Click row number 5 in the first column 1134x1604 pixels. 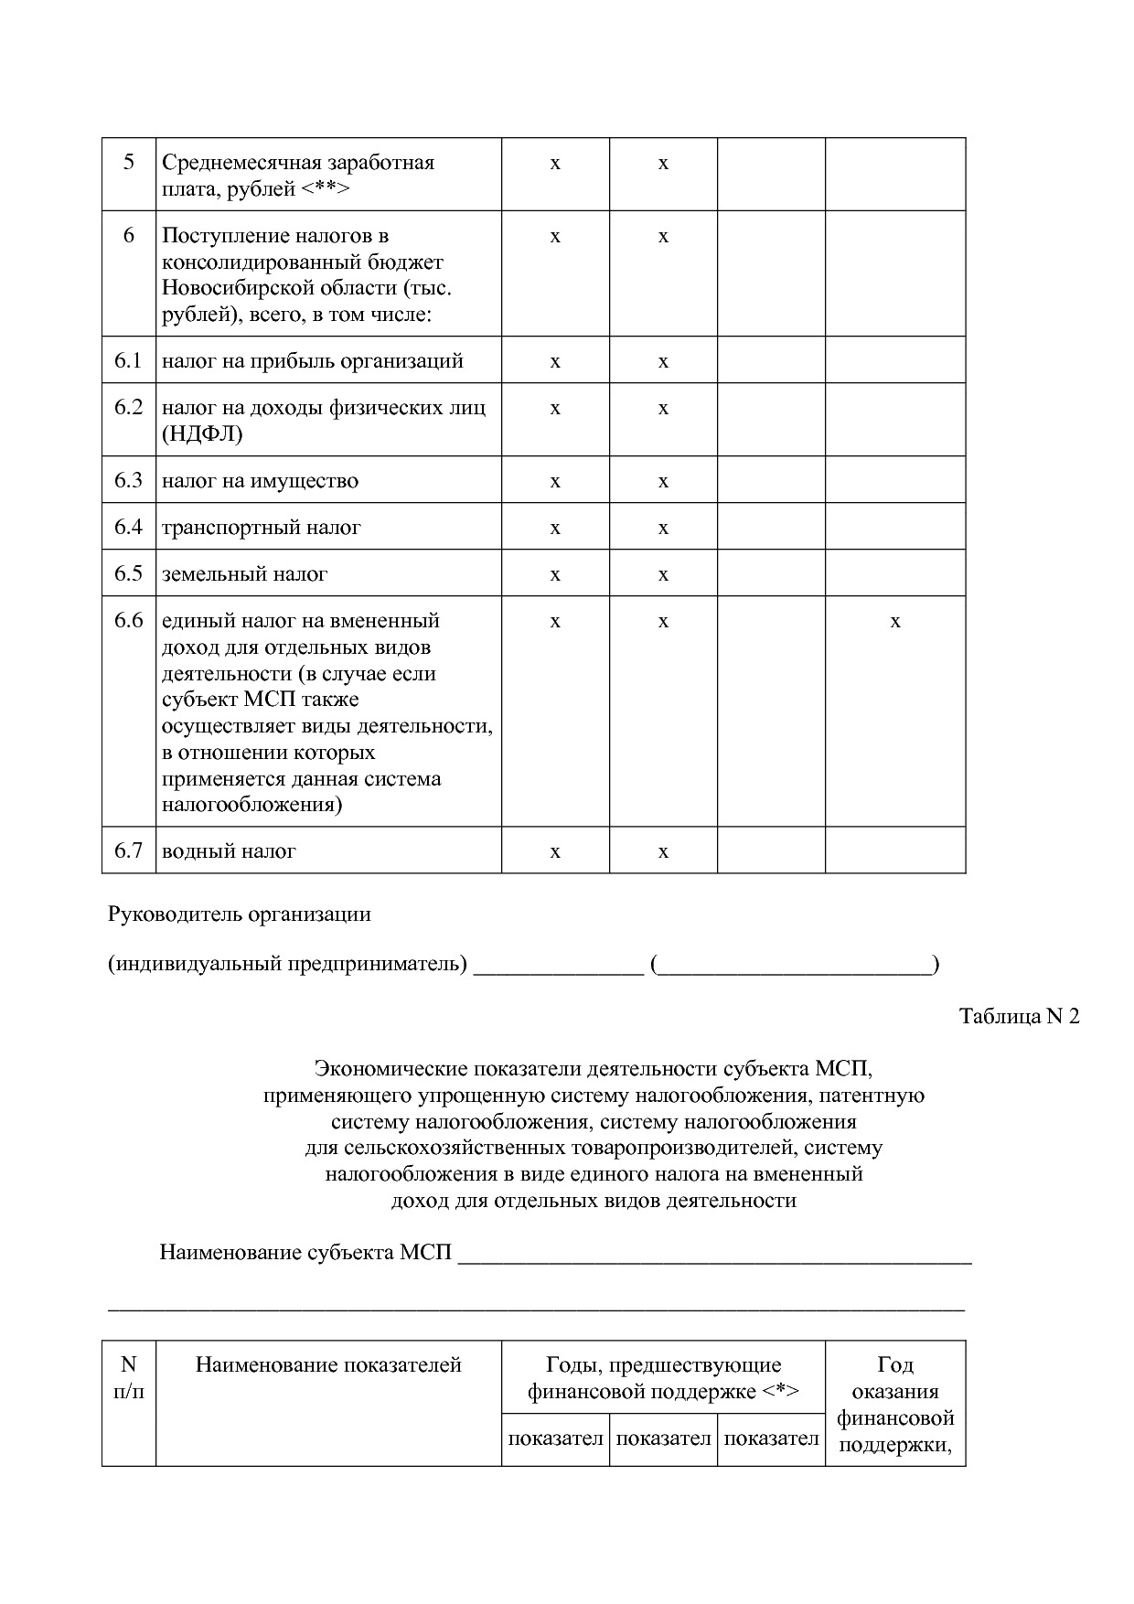pyautogui.click(x=128, y=163)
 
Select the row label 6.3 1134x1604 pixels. pyautogui.click(x=128, y=480)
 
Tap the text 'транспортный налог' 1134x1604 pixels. pyautogui.click(x=262, y=528)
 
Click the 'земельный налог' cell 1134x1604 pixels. pyautogui.click(x=244, y=574)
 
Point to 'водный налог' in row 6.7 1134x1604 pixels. pyautogui.click(x=229, y=851)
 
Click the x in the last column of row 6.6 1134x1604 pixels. pyautogui.click(x=895, y=622)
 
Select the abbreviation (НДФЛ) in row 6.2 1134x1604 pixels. pyautogui.click(x=202, y=434)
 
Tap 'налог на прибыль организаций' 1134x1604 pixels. pyautogui.click(x=313, y=361)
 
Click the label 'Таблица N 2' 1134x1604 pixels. pyautogui.click(x=1019, y=1016)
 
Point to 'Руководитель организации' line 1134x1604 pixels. pyautogui.click(x=240, y=914)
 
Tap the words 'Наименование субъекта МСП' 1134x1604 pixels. pyautogui.click(x=305, y=1252)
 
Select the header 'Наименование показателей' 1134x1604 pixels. pyautogui.click(x=328, y=1365)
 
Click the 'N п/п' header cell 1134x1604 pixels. pyautogui.click(x=128, y=1378)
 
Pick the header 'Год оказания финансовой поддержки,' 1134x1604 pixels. pyautogui.click(x=895, y=1405)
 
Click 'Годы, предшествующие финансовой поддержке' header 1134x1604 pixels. pyautogui.click(x=663, y=1378)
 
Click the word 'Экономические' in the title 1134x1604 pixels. pyautogui.click(x=378, y=1068)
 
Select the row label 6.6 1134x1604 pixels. pyautogui.click(x=128, y=621)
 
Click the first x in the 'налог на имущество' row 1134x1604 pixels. pyautogui.click(x=555, y=482)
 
